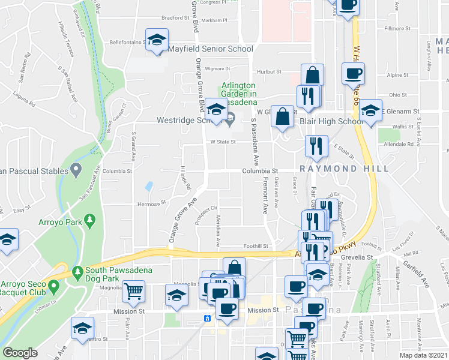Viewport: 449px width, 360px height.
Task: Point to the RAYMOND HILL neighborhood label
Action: [339, 169]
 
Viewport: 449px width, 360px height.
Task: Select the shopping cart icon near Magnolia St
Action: [133, 291]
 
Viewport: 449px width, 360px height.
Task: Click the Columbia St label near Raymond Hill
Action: [260, 171]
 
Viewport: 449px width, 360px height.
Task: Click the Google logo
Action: [20, 352]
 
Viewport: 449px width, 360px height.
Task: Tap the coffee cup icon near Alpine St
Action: [353, 74]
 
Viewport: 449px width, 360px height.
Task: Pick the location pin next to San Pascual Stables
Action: [76, 171]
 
